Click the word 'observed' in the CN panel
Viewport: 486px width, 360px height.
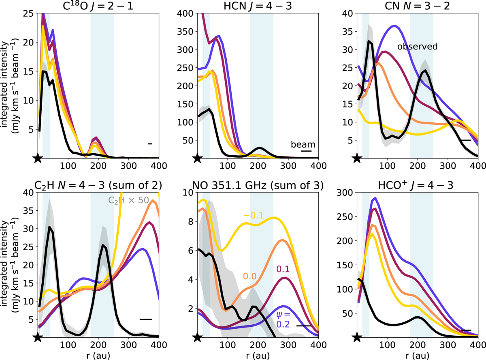(x=418, y=46)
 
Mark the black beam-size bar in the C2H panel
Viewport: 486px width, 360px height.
(x=145, y=319)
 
